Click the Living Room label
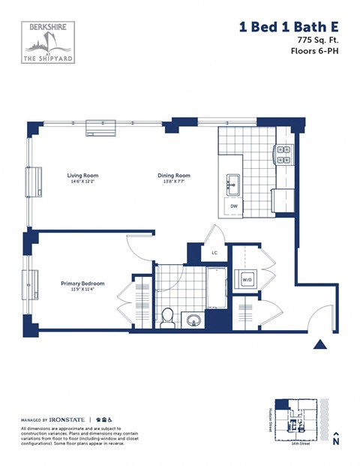82,176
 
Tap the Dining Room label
173,176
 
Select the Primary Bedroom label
82,284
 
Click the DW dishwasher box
234,206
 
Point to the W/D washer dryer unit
247,280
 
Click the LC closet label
214,253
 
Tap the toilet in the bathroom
167,317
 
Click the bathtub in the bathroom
217,286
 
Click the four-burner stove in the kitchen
284,154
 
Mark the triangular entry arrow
319,344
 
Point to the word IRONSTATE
67,419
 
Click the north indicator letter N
336,442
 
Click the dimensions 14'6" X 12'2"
82,182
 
